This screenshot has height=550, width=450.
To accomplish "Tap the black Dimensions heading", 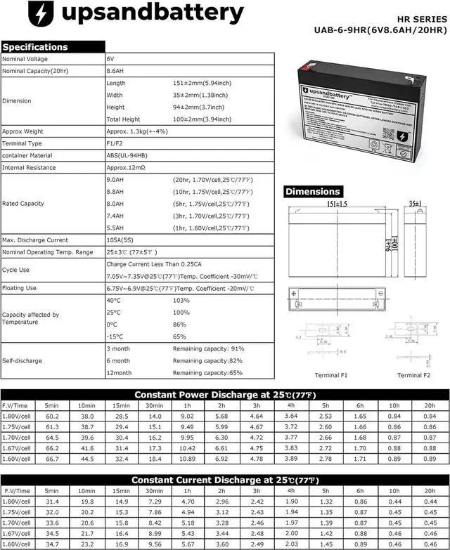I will click(x=314, y=191).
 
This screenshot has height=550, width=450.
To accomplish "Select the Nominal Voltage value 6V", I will click(x=110, y=60).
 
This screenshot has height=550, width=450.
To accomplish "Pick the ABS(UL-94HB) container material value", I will click(x=127, y=155).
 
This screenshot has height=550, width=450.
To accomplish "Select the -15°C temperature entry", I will click(x=114, y=336).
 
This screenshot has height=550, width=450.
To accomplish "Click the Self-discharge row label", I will click(x=22, y=361).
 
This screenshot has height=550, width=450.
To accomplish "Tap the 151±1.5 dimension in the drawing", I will click(x=335, y=204).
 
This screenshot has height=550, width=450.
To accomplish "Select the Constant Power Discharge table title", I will click(x=225, y=394).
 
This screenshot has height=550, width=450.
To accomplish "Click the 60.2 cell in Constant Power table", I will click(x=51, y=417).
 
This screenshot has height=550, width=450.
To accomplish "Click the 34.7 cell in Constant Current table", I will click(x=51, y=544).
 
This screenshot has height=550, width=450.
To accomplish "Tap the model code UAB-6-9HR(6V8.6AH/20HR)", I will click(x=380, y=30).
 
